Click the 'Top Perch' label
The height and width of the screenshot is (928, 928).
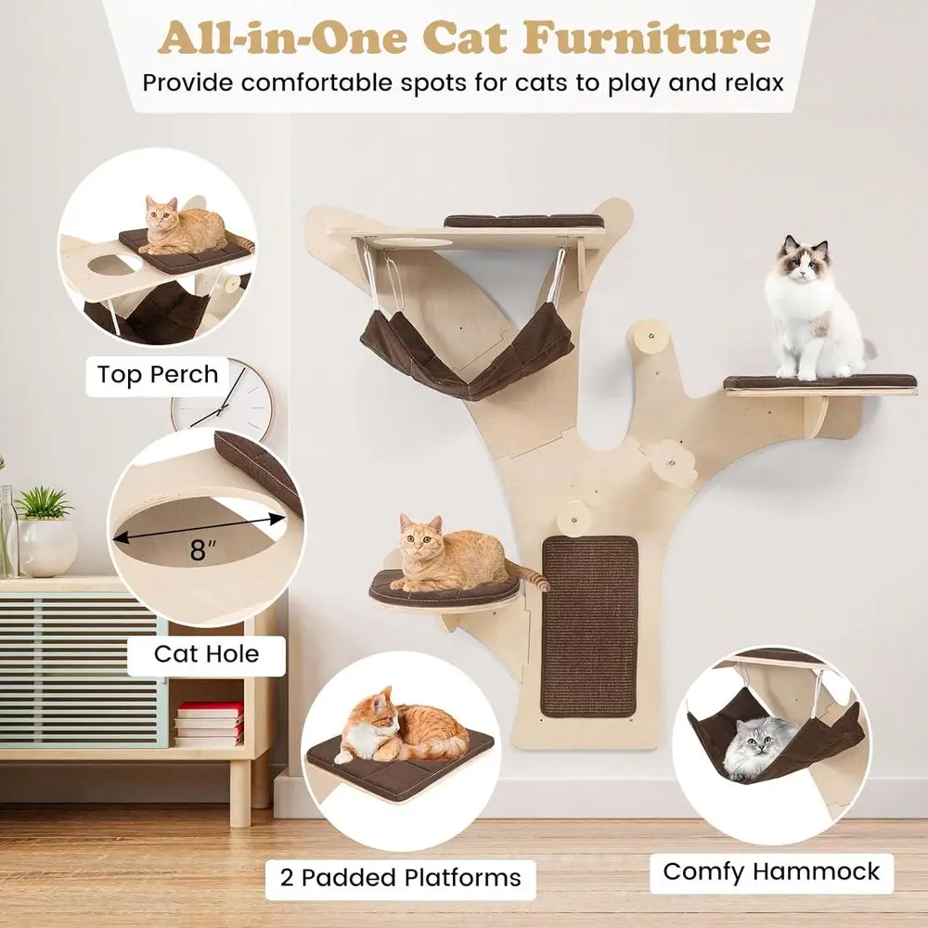coord(158,375)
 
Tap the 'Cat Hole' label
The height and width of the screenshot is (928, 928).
coord(206,653)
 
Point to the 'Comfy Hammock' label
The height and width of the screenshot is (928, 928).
coord(771,871)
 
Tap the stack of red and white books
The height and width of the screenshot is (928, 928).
coord(209,723)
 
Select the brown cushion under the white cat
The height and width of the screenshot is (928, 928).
coord(819,381)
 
